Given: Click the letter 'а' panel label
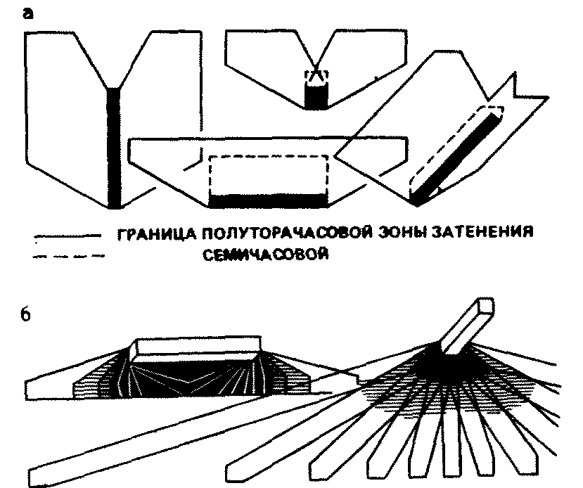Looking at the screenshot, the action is click(28, 15).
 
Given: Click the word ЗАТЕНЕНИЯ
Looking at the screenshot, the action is click(482, 233).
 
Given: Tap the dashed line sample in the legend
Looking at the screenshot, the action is click(68, 256).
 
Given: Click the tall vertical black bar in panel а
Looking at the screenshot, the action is click(113, 148).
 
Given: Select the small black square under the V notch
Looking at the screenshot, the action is click(316, 96).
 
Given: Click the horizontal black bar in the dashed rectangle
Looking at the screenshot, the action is click(268, 200).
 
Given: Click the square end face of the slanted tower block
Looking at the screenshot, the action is click(486, 306).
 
